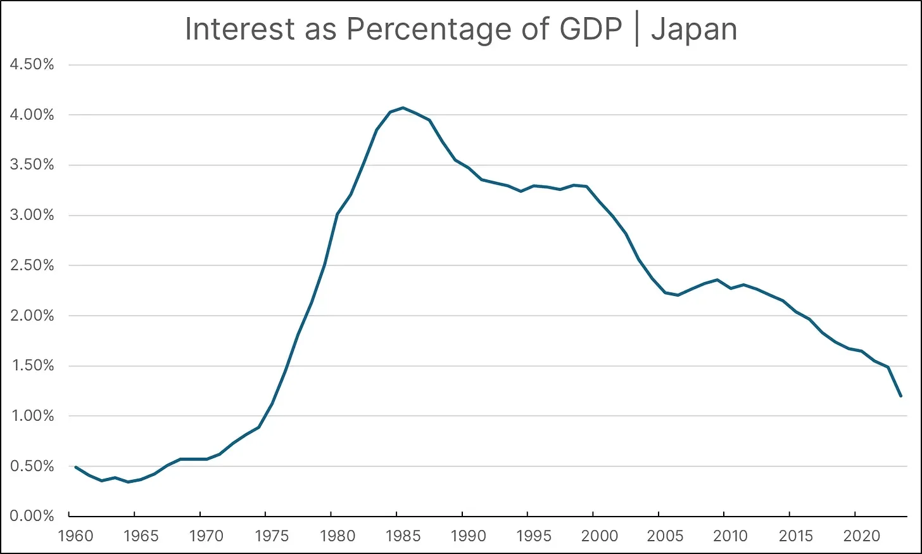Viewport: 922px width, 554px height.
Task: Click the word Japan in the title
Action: (x=694, y=29)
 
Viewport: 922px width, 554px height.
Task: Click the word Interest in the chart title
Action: (x=240, y=29)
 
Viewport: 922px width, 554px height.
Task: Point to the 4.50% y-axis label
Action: (x=32, y=65)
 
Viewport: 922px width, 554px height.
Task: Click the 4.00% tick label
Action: (x=32, y=115)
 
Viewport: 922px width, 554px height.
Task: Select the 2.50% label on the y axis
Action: (x=32, y=266)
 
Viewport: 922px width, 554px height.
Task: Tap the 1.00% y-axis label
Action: (x=32, y=416)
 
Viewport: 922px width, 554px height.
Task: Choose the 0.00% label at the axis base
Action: (x=32, y=516)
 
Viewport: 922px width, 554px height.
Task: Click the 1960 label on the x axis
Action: (x=75, y=536)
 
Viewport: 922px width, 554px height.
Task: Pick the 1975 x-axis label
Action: (x=272, y=536)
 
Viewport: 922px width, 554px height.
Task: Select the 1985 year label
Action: (x=403, y=536)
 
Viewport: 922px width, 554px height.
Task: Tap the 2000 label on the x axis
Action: (x=599, y=536)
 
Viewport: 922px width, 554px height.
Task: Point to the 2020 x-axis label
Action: (x=862, y=536)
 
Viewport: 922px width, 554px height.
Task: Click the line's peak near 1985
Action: (x=403, y=108)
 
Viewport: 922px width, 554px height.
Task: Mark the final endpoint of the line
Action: (x=900, y=396)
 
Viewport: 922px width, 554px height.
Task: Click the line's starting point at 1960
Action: (x=75, y=467)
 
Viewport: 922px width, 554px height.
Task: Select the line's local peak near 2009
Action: (x=717, y=280)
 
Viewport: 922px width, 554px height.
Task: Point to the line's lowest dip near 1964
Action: (x=128, y=482)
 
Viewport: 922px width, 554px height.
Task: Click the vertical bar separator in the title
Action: (x=636, y=29)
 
